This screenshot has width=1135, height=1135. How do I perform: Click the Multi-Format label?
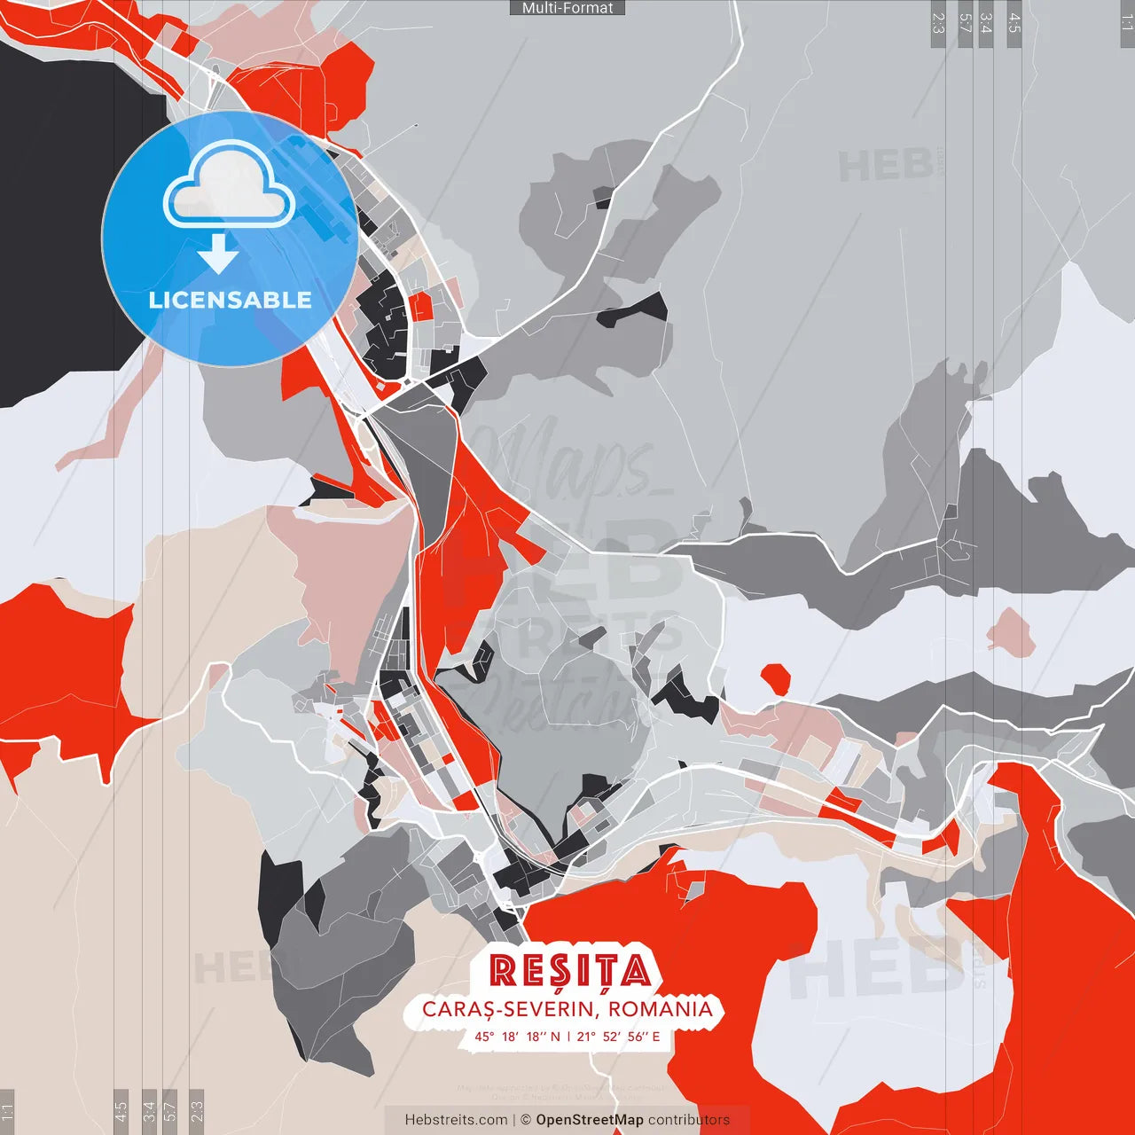pyautogui.click(x=567, y=8)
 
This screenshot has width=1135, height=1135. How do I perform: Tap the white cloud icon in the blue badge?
pyautogui.click(x=229, y=188)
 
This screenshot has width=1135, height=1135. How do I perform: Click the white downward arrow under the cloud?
pyautogui.click(x=218, y=257)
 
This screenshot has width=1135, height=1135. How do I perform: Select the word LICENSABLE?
pyautogui.click(x=230, y=300)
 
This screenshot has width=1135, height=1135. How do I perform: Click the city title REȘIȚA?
pyautogui.click(x=570, y=971)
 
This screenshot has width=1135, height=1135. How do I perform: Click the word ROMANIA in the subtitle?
pyautogui.click(x=661, y=1009)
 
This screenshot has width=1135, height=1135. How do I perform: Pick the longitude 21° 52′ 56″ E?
pyautogui.click(x=618, y=1036)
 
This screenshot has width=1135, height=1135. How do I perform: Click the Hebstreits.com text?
pyautogui.click(x=456, y=1120)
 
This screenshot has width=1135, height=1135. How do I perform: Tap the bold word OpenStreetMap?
pyautogui.click(x=589, y=1120)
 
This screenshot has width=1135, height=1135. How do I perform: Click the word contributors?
pyautogui.click(x=689, y=1120)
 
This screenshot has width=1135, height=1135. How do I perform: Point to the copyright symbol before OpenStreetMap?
pyautogui.click(x=526, y=1120)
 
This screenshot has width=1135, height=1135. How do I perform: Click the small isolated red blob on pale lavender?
pyautogui.click(x=776, y=678)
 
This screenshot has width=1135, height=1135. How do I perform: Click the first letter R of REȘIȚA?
pyautogui.click(x=503, y=972)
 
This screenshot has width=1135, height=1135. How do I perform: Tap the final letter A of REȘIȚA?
pyautogui.click(x=636, y=972)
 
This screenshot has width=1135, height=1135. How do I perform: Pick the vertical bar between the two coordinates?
pyautogui.click(x=568, y=1036)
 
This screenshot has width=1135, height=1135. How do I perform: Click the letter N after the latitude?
pyautogui.click(x=555, y=1036)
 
